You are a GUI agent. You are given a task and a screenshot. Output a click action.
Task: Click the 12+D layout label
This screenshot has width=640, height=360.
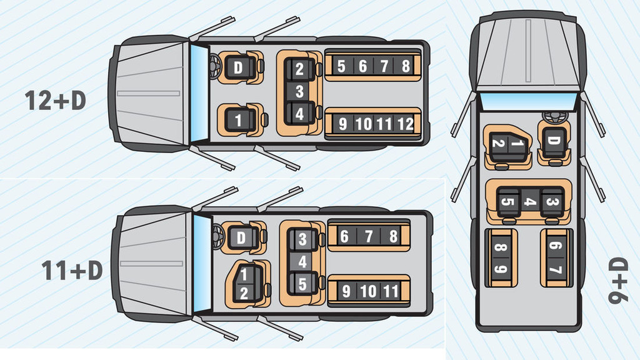(55, 100)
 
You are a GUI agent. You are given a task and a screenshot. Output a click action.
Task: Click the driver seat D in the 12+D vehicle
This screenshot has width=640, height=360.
(238, 67)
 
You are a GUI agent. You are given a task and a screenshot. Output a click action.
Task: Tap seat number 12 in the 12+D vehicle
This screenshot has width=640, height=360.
(405, 124)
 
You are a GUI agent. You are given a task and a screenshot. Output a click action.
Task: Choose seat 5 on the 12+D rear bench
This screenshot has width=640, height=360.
(341, 66)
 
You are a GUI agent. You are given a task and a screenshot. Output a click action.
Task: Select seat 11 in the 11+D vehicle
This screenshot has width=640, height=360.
(391, 291)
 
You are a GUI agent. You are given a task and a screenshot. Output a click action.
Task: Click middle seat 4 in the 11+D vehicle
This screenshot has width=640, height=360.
(302, 262)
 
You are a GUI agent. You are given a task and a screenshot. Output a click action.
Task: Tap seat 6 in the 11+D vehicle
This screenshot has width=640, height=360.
(344, 236)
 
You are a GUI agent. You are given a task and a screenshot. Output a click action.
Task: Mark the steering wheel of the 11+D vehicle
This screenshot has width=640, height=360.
(217, 236)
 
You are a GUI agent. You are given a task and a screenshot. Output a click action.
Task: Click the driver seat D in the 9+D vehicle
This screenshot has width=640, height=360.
(553, 141)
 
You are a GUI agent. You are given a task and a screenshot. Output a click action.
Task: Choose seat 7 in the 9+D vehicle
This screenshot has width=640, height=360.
(555, 270)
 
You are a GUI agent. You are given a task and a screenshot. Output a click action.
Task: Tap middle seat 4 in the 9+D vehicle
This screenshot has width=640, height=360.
(529, 202)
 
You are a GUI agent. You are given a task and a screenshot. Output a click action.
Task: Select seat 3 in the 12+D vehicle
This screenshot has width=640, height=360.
(299, 92)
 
